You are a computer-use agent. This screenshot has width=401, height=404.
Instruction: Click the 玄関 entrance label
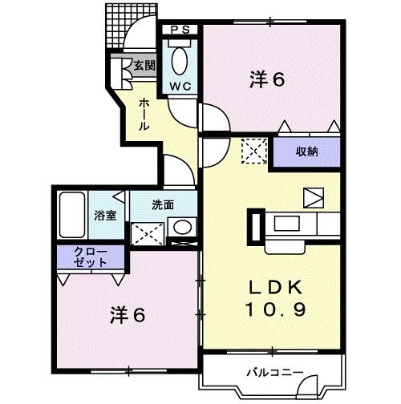(144, 66)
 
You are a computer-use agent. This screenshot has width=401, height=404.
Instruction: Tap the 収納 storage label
(308, 151)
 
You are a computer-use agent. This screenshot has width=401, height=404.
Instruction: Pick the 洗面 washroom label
(163, 204)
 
